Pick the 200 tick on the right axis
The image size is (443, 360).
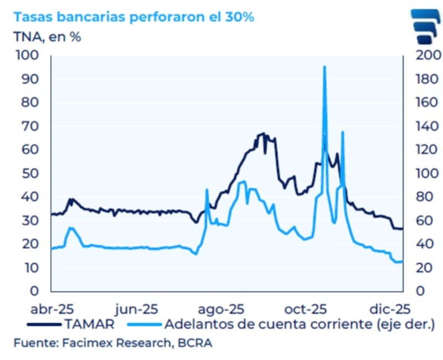(416, 55)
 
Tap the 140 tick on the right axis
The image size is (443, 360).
(416, 126)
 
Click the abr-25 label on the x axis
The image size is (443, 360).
(51, 308)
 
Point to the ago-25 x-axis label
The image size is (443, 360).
(222, 308)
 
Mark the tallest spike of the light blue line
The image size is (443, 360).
(324, 67)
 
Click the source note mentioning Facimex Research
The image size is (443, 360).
(113, 343)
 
